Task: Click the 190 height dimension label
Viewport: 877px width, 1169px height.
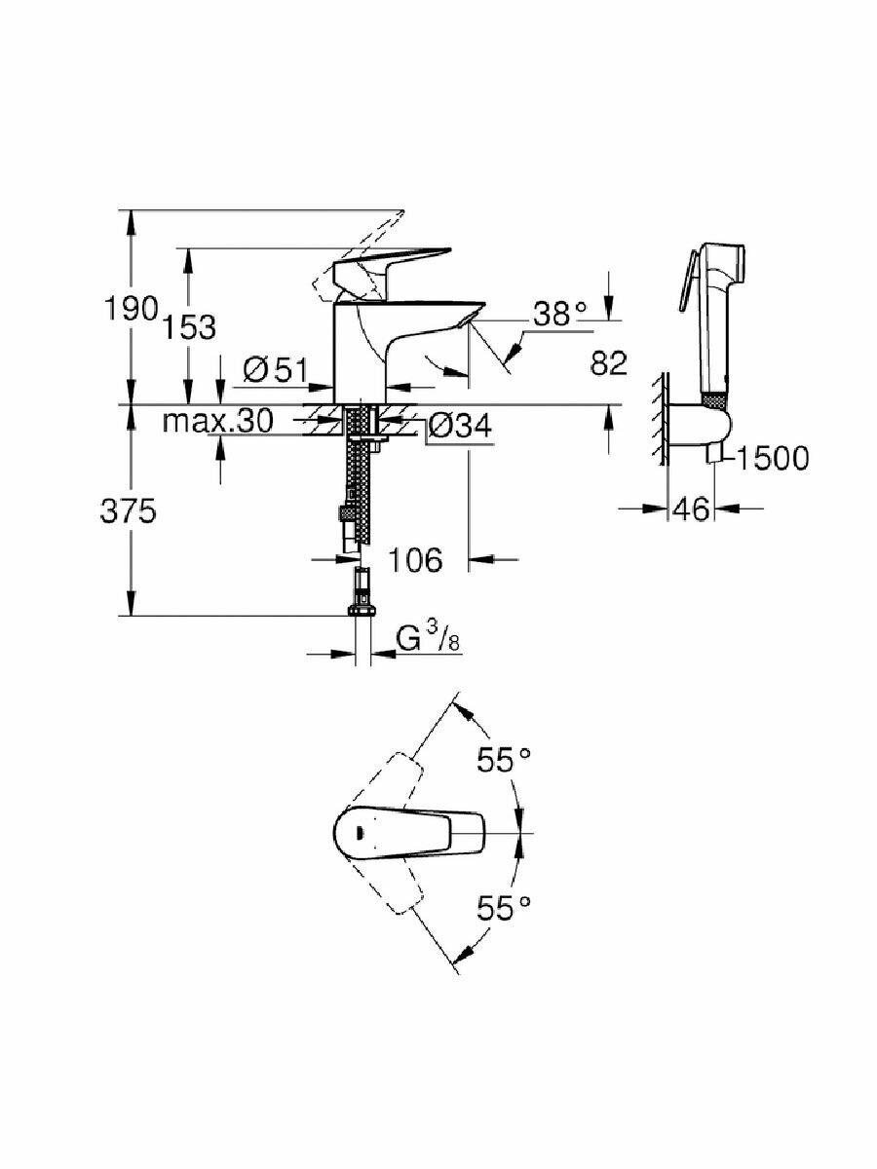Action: [131, 309]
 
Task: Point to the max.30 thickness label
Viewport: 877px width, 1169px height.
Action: [217, 422]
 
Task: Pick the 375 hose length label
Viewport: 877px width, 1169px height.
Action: [128, 511]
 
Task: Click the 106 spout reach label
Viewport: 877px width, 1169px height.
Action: [415, 559]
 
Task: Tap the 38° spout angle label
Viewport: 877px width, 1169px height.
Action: [561, 314]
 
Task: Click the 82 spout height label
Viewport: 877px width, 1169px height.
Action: [608, 363]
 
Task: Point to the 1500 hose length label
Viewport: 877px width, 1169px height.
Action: [773, 457]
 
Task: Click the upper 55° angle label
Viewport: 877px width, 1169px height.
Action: [504, 760]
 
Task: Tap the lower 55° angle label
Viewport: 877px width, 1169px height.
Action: [504, 908]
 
